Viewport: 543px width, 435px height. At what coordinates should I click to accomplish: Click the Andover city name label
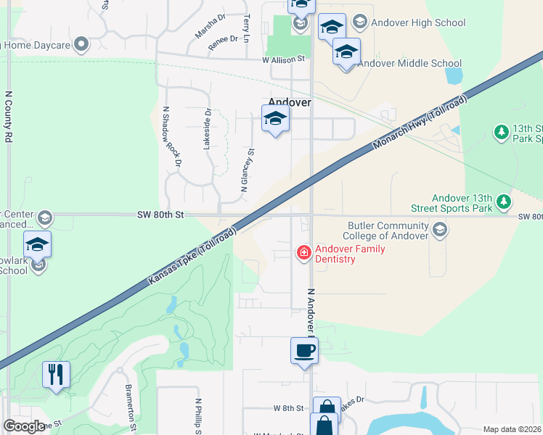(x=290, y=103)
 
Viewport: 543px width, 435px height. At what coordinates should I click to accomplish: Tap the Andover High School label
(x=418, y=22)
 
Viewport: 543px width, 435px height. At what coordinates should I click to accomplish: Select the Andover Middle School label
(x=410, y=63)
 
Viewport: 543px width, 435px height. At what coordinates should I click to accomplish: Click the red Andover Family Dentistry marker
(x=303, y=252)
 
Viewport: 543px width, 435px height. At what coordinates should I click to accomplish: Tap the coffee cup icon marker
(x=305, y=351)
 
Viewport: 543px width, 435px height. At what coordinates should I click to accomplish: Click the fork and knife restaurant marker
(x=56, y=375)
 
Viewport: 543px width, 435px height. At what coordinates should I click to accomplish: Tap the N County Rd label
(x=9, y=116)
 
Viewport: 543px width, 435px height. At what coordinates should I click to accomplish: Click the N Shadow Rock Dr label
(x=171, y=138)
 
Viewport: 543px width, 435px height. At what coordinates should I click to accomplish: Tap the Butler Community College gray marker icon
(x=439, y=231)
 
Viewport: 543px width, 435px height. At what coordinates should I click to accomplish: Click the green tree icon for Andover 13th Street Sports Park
(x=502, y=201)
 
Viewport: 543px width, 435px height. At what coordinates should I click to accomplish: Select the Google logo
(x=24, y=426)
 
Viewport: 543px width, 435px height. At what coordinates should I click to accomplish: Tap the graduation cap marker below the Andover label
(x=275, y=119)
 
